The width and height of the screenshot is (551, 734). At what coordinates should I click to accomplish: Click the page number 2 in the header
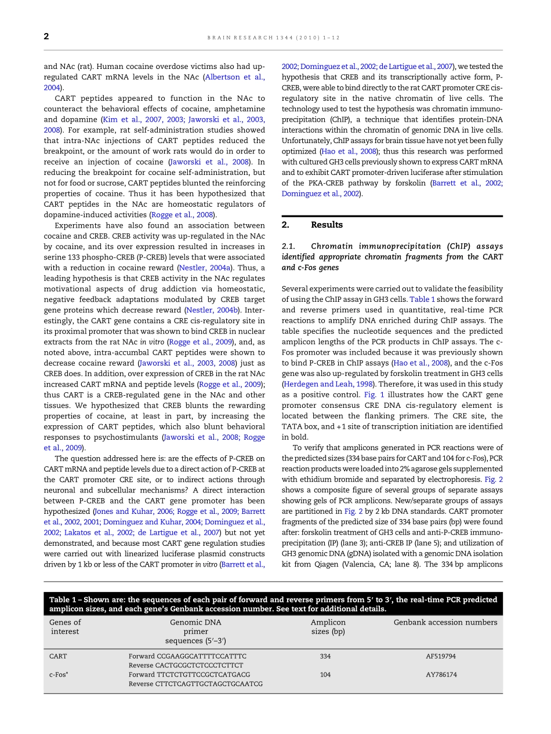pyautogui.click(x=46, y=36)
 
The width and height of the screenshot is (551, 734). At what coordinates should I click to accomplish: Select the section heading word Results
pyautogui.click(x=327, y=225)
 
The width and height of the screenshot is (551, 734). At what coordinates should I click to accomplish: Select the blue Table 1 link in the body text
pyautogui.click(x=420, y=299)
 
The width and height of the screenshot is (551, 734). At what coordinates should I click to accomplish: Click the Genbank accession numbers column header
pyautogui.click(x=445, y=622)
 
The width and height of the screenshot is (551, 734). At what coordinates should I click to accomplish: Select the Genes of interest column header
pyautogui.click(x=65, y=627)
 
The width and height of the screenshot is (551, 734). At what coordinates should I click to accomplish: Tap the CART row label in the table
pyautogui.click(x=58, y=656)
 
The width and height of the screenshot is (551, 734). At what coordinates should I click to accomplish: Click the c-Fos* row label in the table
pyautogui.click(x=59, y=675)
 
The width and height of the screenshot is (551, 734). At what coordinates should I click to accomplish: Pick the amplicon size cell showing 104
pyautogui.click(x=325, y=675)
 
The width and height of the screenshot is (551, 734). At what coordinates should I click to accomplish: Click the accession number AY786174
pyautogui.click(x=441, y=675)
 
